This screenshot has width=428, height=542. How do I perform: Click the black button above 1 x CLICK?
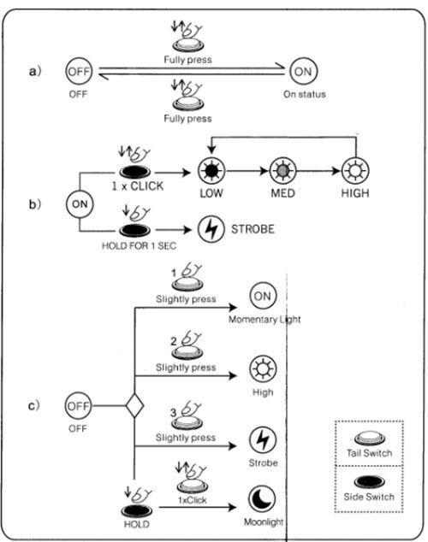[x=135, y=172]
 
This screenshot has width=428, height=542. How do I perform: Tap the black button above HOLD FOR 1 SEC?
[x=135, y=231]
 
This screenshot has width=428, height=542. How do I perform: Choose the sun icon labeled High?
[x=263, y=368]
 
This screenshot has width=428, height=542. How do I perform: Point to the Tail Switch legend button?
[x=370, y=439]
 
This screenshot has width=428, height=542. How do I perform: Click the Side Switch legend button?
[x=369, y=482]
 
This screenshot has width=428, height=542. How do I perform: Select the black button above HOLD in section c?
[x=136, y=511]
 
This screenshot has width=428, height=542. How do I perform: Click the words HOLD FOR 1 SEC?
[x=139, y=245]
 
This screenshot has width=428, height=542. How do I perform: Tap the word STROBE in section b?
[x=253, y=229]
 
